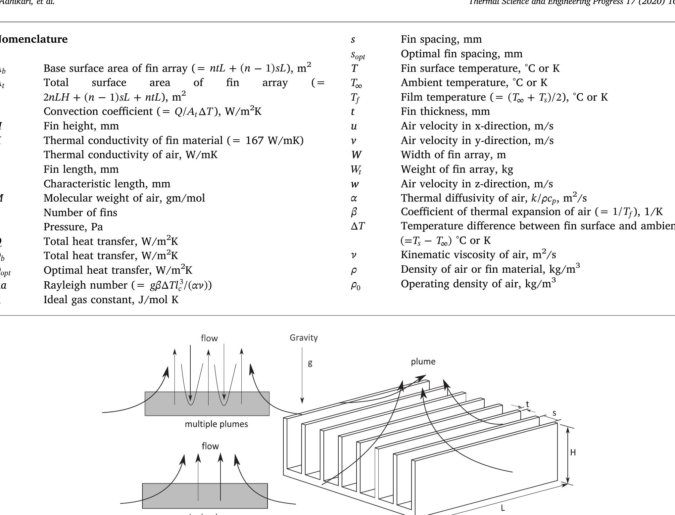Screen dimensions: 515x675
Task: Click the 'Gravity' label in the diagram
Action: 304,338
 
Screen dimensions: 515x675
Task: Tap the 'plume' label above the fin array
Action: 423,362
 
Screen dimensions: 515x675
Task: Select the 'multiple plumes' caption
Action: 216,424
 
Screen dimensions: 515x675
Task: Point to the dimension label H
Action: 573,452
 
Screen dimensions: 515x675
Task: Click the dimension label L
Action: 503,508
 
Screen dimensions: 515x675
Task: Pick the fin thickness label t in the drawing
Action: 527,404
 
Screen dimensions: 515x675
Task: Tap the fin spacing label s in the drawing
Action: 554,413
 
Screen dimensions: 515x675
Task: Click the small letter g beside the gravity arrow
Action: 310,363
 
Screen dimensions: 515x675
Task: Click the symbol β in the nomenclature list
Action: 354,212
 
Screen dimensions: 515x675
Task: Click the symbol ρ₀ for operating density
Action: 356,285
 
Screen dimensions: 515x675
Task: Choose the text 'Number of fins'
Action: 80,212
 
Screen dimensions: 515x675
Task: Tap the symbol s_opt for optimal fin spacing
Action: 358,55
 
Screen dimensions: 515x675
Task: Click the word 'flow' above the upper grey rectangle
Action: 209,338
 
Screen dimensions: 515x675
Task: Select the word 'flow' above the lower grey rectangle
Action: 210,446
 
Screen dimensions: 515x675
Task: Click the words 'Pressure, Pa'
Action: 73,227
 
